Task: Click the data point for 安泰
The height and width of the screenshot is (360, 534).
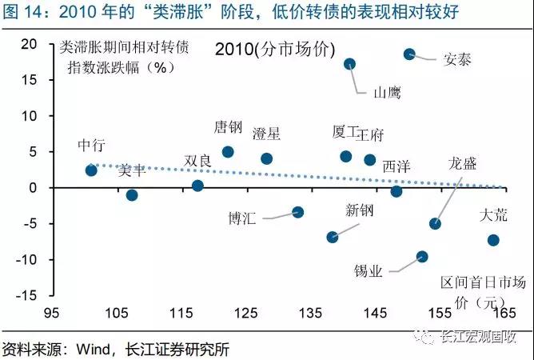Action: [x=409, y=54]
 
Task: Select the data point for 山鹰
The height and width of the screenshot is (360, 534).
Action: [x=349, y=64]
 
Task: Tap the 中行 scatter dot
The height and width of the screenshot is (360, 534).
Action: [x=91, y=170]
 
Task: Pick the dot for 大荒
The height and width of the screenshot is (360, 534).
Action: [x=493, y=240]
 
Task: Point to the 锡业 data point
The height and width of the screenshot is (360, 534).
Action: [x=422, y=257]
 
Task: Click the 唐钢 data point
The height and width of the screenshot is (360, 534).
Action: [x=228, y=152]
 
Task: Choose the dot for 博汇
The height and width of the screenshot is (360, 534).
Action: [x=298, y=212]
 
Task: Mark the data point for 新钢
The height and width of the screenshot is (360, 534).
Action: [x=333, y=237]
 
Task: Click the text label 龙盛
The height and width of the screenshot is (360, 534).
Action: [x=462, y=164]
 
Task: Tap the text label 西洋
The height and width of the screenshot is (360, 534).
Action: [x=397, y=166]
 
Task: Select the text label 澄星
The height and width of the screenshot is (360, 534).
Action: [x=266, y=134]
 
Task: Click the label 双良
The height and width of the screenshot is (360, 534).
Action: [x=197, y=161]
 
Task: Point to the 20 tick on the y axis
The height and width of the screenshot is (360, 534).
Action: [x=29, y=44]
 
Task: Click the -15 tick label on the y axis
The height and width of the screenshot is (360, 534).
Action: [x=26, y=295]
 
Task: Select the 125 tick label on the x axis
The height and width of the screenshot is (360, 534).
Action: [x=246, y=313]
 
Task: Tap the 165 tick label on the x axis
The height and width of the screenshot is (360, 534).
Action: [x=504, y=313]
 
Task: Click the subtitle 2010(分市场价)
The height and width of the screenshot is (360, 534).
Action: [x=275, y=50]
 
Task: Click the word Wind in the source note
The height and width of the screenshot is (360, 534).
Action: [x=93, y=349]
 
